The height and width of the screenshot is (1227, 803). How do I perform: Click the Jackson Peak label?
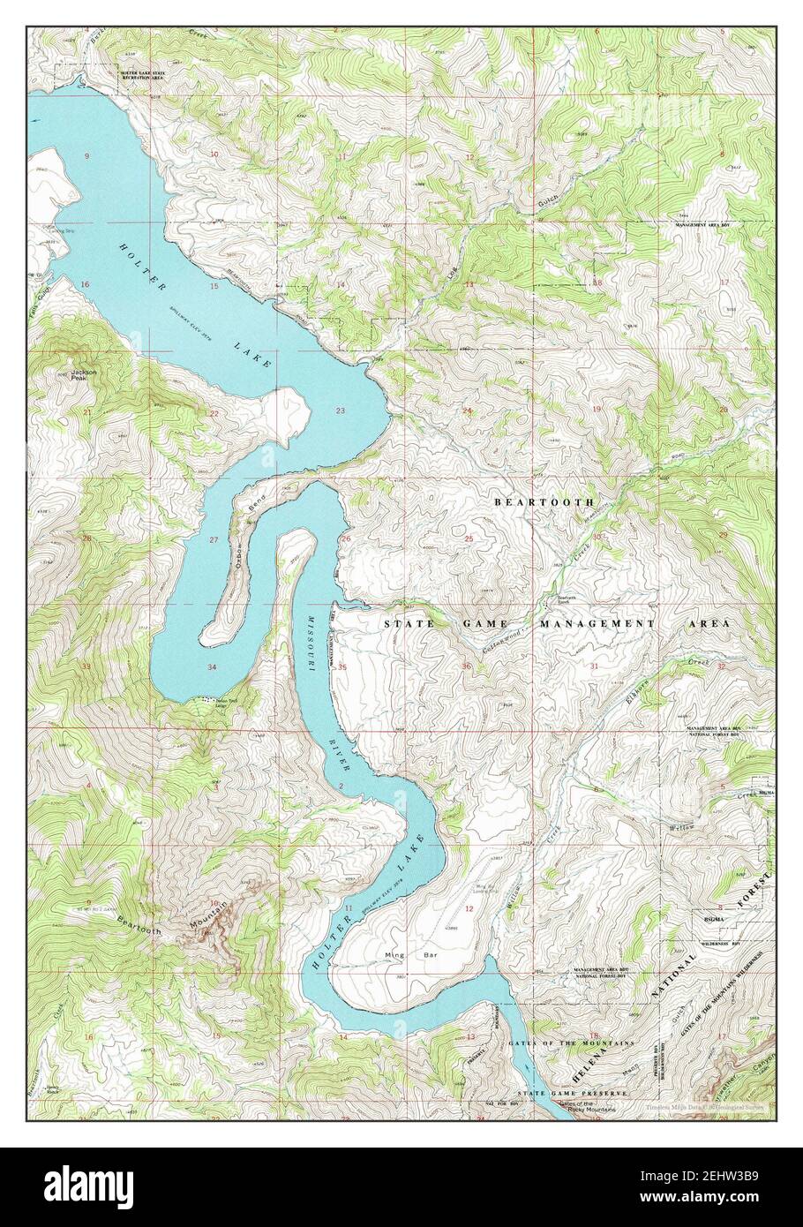[86, 375]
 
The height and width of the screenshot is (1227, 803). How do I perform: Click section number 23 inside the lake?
[340, 411]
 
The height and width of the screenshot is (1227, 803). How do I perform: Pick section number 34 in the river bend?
[212, 666]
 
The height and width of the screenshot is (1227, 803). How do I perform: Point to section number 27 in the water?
[214, 539]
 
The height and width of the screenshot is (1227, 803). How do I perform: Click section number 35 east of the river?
[341, 667]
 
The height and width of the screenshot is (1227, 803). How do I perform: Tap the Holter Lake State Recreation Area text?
[142, 76]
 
